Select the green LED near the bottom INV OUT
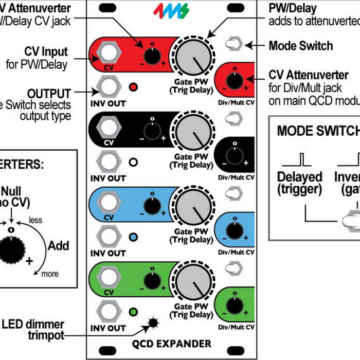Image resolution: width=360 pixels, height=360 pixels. [x=134, y=312]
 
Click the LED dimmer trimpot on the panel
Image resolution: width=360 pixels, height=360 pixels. [x=153, y=323]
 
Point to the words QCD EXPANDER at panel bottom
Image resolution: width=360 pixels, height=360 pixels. [x=178, y=344]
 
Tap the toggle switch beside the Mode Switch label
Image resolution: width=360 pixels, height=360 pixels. [x=234, y=45]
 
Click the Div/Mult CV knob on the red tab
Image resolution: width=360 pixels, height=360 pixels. [x=235, y=79]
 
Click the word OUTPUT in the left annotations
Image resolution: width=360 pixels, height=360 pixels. [x=49, y=94]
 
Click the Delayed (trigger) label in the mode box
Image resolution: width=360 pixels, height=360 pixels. [x=300, y=183]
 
